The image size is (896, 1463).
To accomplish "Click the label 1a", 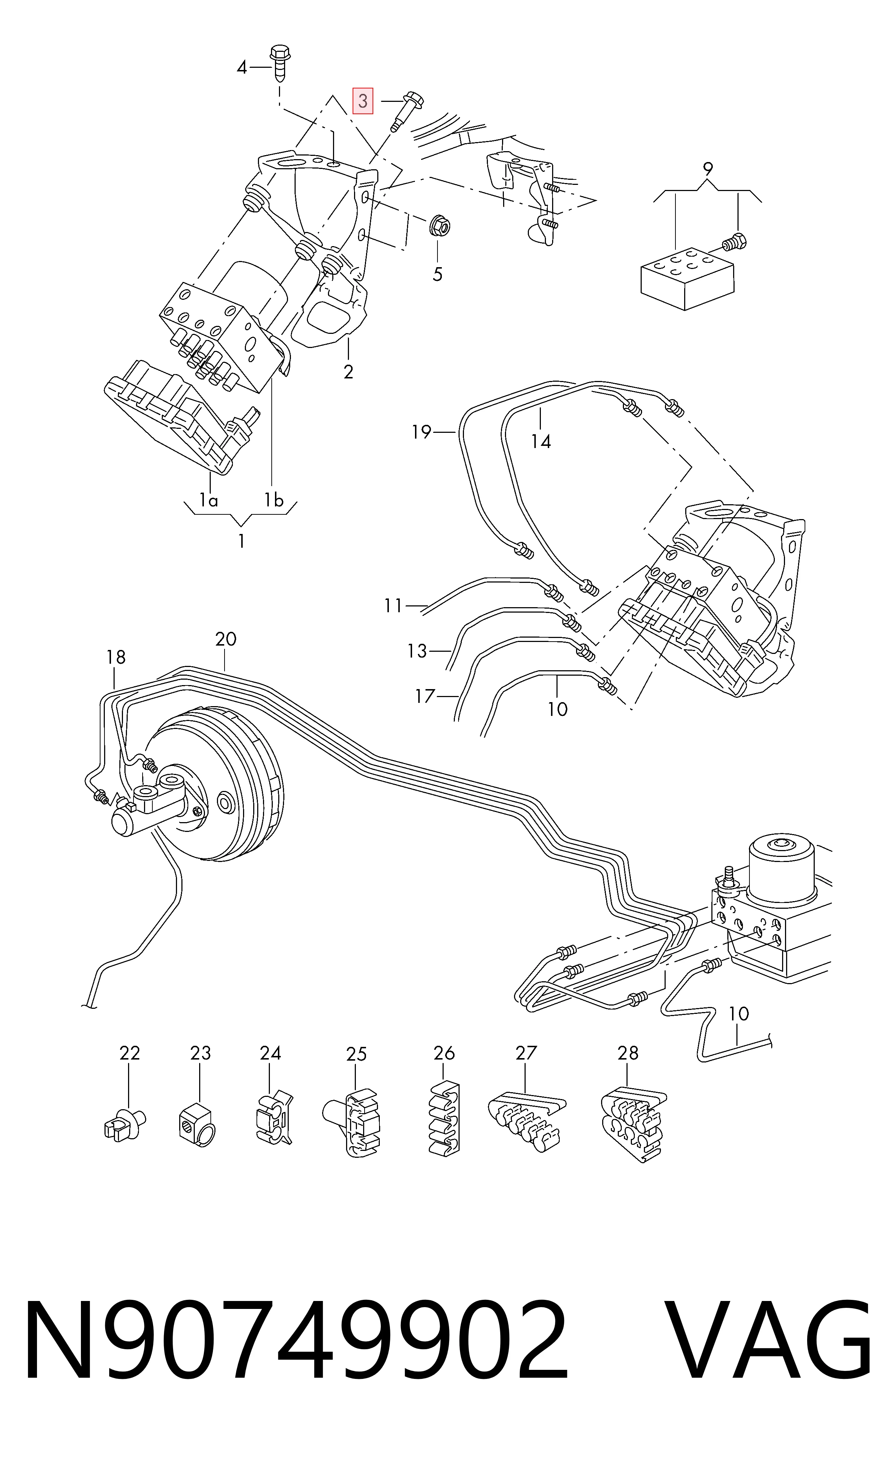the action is tap(209, 501).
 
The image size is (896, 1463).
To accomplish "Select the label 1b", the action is tap(274, 501).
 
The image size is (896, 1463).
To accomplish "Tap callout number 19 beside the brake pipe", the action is tap(421, 432).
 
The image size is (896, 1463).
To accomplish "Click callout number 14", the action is tap(541, 441).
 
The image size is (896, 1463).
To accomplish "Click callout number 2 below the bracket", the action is tap(348, 372).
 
